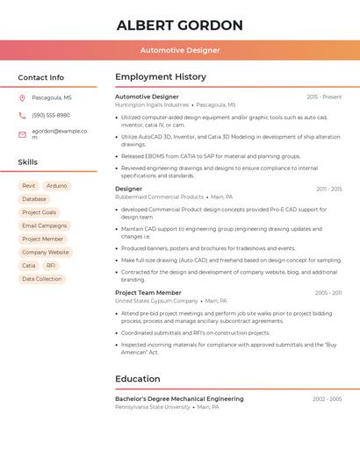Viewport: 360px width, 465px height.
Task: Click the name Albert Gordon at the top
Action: (179, 25)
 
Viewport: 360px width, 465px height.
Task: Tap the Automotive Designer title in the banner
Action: (179, 50)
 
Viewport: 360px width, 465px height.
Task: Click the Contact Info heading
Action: (40, 77)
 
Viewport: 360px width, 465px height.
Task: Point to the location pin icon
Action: (22, 98)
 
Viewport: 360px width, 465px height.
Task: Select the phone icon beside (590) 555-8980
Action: (22, 116)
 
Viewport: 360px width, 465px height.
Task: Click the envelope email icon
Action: (22, 134)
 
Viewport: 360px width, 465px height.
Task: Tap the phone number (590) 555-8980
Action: (50, 116)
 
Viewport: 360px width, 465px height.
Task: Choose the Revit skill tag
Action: (29, 186)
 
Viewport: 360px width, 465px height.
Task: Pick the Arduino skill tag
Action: (56, 186)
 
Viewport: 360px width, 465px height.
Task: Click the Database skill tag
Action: (34, 199)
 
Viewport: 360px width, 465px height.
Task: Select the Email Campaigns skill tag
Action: (44, 225)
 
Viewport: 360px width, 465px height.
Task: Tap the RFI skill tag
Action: (51, 265)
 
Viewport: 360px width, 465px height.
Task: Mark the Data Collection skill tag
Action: (42, 279)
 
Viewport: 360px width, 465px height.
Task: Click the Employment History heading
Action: (161, 77)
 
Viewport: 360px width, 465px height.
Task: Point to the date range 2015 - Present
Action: (324, 97)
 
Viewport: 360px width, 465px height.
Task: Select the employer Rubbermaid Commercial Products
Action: (159, 197)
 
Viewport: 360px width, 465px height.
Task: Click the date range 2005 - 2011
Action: (328, 293)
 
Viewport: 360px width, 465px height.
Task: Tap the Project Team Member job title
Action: (148, 292)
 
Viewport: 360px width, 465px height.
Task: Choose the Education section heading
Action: (138, 379)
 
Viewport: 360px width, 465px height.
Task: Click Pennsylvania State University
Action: (153, 407)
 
